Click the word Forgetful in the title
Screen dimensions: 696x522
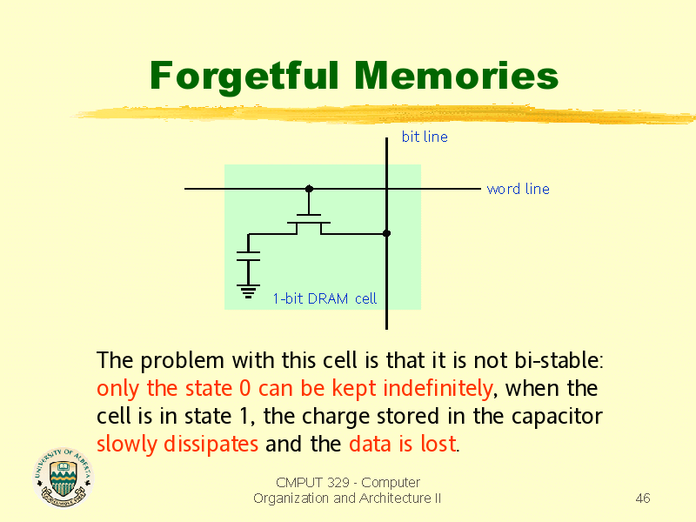point(244,77)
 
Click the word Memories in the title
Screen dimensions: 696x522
point(456,76)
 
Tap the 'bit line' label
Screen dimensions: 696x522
point(425,137)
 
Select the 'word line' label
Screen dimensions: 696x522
point(518,189)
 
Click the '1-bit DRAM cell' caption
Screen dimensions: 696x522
point(325,298)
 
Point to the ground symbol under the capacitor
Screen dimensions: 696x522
point(248,291)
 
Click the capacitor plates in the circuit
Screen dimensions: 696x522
point(248,256)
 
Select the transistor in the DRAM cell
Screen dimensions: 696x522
point(309,224)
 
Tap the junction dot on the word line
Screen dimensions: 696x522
point(310,189)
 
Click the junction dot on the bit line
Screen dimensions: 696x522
point(386,233)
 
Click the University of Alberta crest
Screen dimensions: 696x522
point(64,478)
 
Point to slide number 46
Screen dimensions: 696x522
point(643,499)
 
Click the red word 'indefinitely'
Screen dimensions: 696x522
point(438,389)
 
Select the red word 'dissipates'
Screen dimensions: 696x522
point(211,445)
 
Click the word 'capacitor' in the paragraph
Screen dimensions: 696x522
point(557,418)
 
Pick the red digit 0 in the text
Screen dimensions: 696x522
point(245,389)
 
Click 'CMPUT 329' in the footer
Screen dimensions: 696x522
point(312,483)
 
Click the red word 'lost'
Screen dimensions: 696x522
point(438,445)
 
